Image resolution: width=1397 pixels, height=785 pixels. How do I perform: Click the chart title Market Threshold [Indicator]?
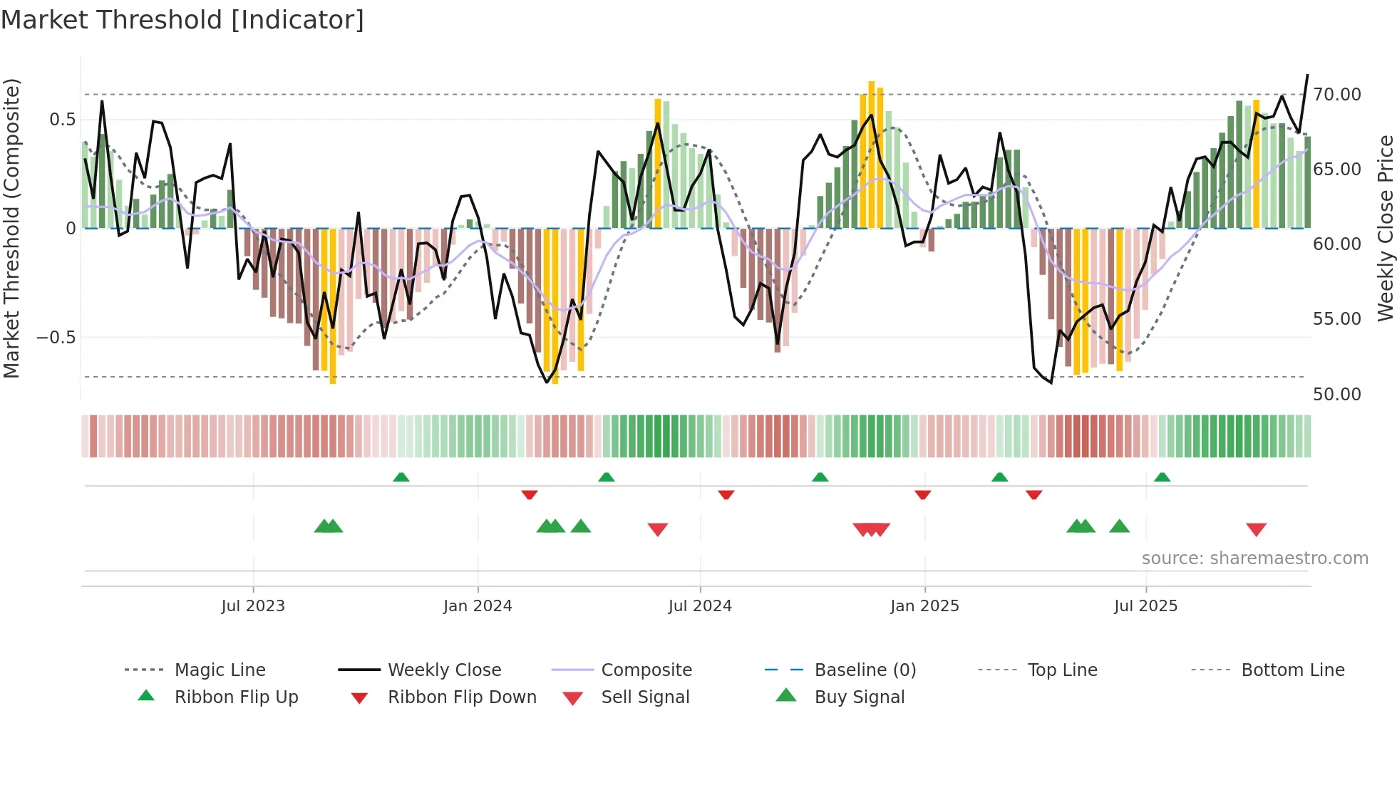pos(182,20)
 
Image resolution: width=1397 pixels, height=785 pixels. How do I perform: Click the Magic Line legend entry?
pos(220,670)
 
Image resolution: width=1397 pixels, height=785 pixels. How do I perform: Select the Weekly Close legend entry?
pos(444,670)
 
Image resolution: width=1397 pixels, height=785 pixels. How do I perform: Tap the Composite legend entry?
pos(646,670)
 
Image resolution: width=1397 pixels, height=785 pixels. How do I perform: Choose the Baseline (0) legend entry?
pos(865,670)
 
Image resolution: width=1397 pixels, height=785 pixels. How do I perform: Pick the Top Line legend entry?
pos(1062,670)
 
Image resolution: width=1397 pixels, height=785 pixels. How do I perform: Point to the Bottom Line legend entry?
pos(1292,670)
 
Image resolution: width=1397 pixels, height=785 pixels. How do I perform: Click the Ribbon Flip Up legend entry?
pos(236,697)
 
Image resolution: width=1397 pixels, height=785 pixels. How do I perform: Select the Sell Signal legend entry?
pos(645,697)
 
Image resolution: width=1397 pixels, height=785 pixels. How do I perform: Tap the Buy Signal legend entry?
pos(859,697)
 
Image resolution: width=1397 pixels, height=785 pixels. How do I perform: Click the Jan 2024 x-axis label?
pos(478,606)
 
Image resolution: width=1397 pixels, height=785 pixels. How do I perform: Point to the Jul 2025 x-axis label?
pos(1145,606)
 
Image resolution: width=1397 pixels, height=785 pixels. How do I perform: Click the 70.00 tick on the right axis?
pos(1336,94)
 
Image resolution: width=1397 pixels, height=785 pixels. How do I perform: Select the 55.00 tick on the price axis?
pos(1336,318)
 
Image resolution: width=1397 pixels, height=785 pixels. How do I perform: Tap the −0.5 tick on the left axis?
pos(56,337)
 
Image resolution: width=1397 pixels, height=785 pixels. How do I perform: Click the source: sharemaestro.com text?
pos(1254,558)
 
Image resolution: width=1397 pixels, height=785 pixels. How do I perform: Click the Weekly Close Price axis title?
pos(1385,228)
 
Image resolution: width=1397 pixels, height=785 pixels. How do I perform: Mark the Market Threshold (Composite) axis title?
pos(11,228)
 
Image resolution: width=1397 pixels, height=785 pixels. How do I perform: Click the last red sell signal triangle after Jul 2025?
pos(1256,529)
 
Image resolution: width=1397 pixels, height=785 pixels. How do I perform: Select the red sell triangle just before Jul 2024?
pos(657,529)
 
